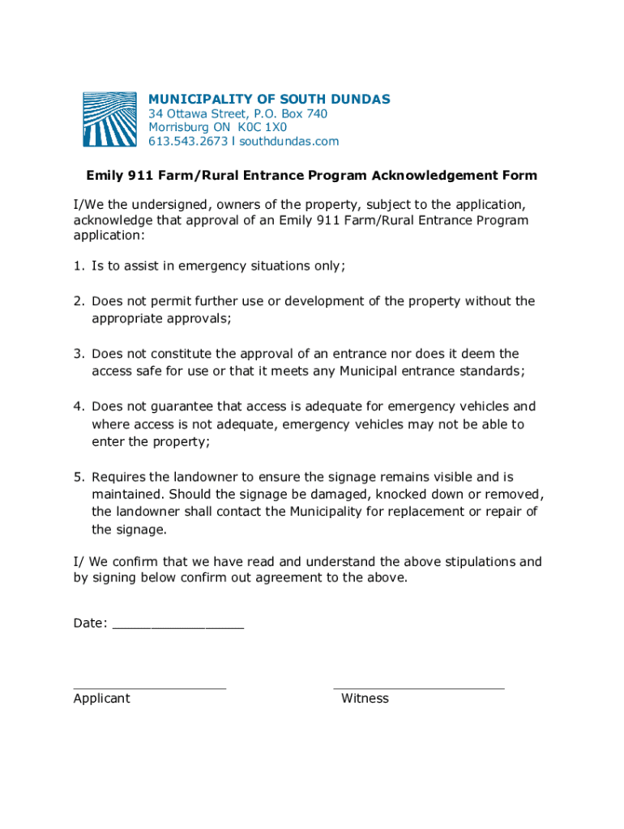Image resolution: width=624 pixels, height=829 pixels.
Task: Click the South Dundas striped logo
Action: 110,120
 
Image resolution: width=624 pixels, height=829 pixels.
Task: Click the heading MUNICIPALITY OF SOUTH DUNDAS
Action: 269,100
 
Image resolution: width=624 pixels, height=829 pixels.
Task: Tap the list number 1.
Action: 79,266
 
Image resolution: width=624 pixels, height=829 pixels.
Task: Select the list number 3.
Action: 79,354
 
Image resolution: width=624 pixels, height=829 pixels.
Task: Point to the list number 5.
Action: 79,478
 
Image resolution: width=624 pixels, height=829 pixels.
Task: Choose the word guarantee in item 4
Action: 186,406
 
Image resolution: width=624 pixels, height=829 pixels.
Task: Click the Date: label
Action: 90,623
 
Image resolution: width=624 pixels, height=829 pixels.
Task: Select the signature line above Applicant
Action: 150,688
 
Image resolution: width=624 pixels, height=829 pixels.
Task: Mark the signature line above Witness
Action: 418,688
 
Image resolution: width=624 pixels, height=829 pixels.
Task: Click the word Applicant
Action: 101,699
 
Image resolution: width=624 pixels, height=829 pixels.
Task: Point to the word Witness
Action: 365,699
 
